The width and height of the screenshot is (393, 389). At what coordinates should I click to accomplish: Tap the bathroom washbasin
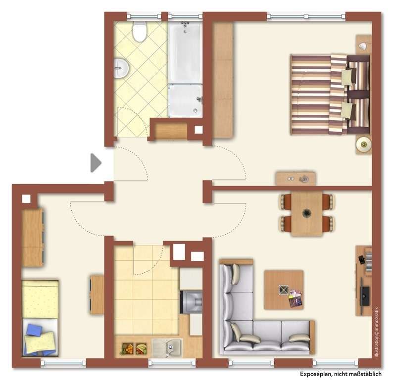[x=121, y=68]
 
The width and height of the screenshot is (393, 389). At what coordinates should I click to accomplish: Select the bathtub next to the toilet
[x=185, y=51]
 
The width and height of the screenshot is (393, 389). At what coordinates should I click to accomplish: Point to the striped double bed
[x=329, y=94]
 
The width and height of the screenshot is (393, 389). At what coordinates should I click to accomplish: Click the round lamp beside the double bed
[x=364, y=145]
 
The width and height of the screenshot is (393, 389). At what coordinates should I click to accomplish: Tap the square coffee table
[x=283, y=290]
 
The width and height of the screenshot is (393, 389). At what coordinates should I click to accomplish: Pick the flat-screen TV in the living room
[x=365, y=295]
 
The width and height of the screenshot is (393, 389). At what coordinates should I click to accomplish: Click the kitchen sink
[x=166, y=347]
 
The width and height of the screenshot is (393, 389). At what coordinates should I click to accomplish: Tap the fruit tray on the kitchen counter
[x=134, y=348]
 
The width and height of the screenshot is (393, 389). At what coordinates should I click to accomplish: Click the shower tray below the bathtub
[x=185, y=100]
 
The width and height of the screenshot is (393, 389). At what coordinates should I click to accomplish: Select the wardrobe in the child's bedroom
[x=33, y=238]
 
